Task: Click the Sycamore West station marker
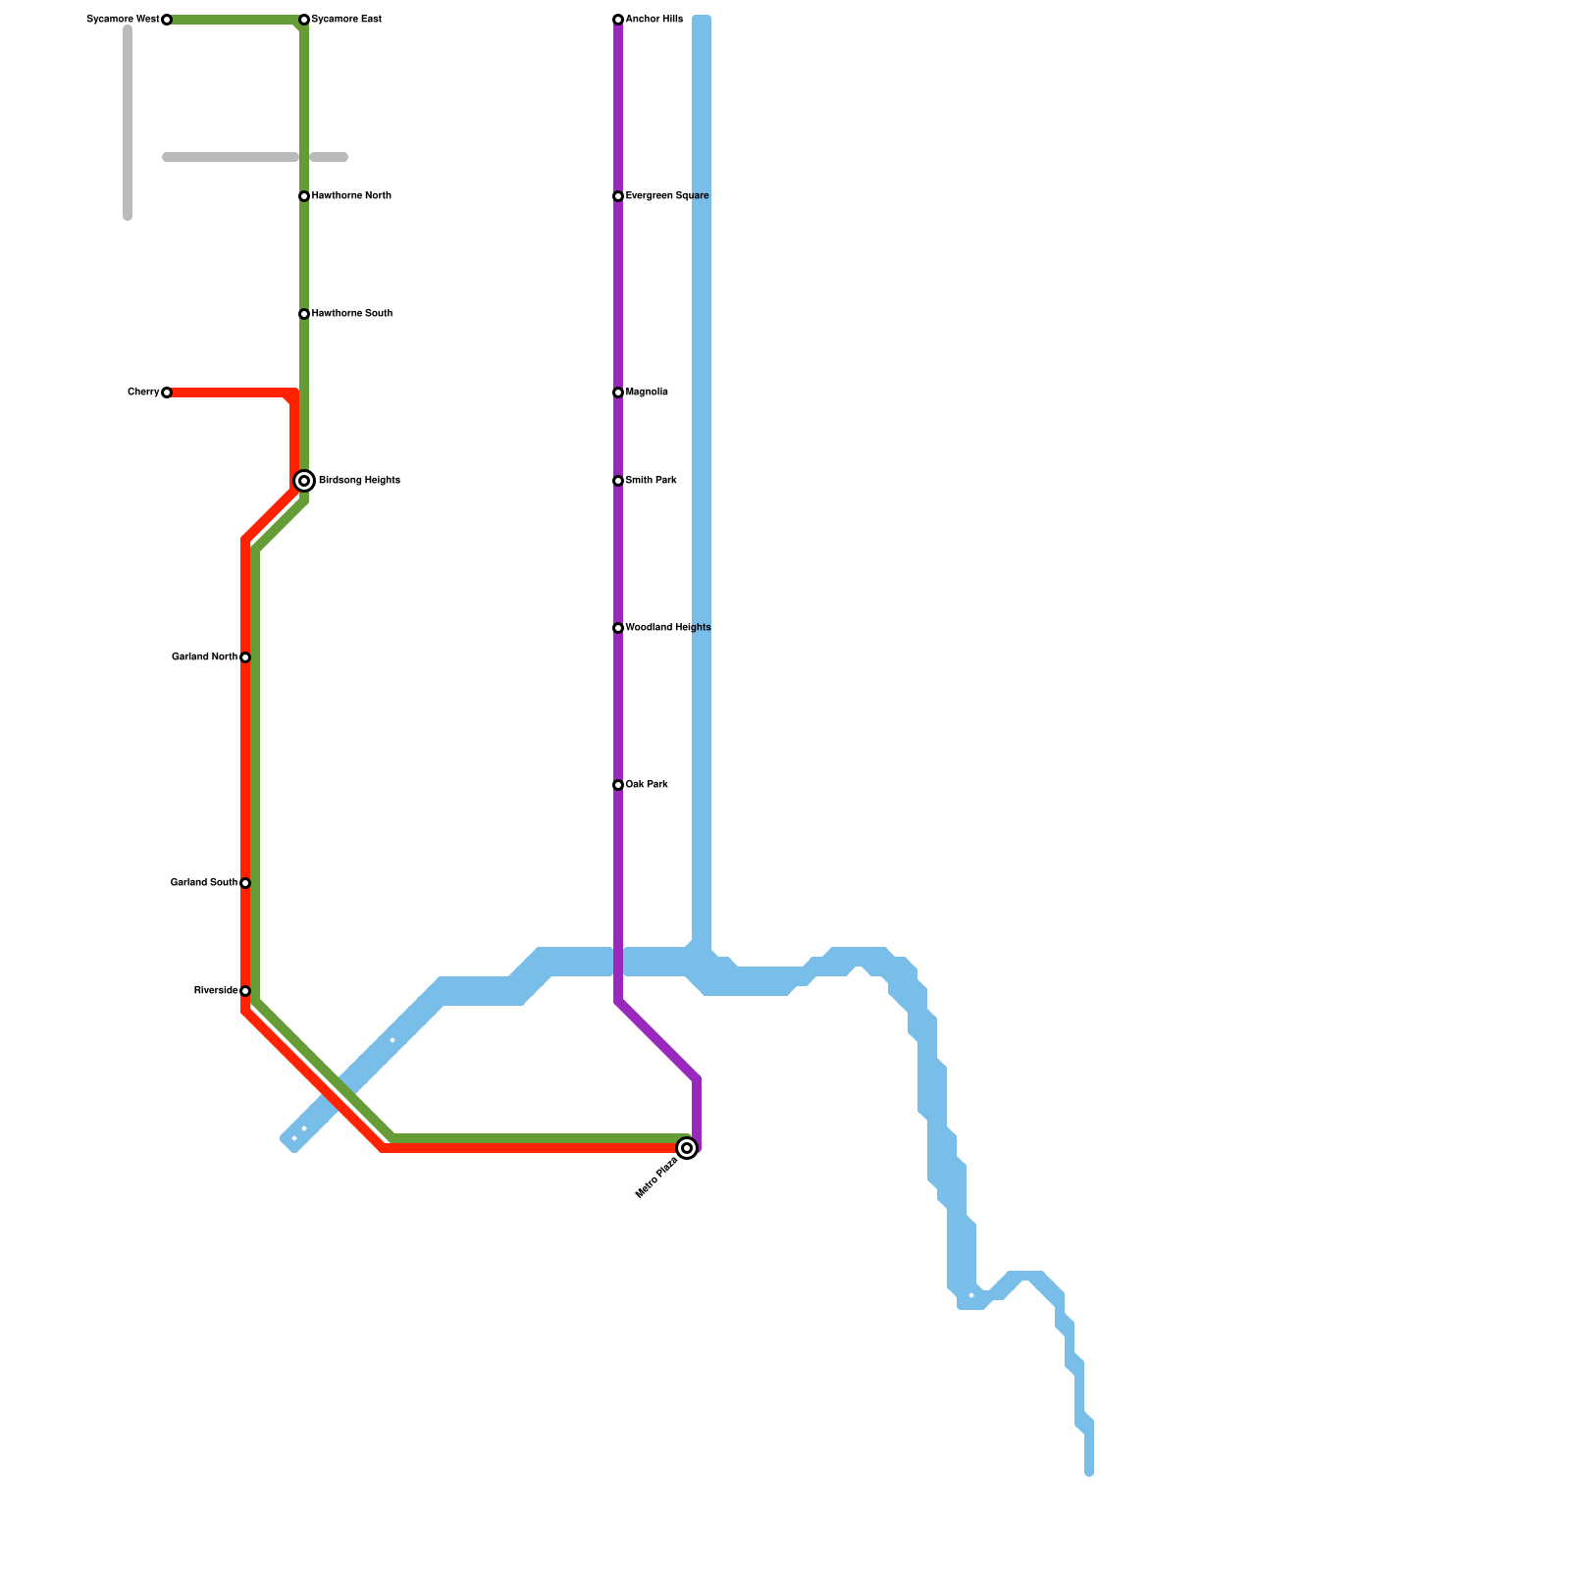167,20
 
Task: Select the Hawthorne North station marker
304,196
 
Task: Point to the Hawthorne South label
352,314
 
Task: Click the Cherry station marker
167,392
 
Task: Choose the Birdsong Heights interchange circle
304,481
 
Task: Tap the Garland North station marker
245,657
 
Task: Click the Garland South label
203,883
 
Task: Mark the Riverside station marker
245,991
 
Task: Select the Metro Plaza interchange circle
687,1148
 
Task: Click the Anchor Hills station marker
618,20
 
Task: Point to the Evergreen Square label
667,196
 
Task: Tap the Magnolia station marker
618,392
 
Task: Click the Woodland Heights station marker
618,628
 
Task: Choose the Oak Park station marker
618,785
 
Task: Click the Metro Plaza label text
656,1178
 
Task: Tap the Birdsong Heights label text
359,481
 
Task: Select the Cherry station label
143,392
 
